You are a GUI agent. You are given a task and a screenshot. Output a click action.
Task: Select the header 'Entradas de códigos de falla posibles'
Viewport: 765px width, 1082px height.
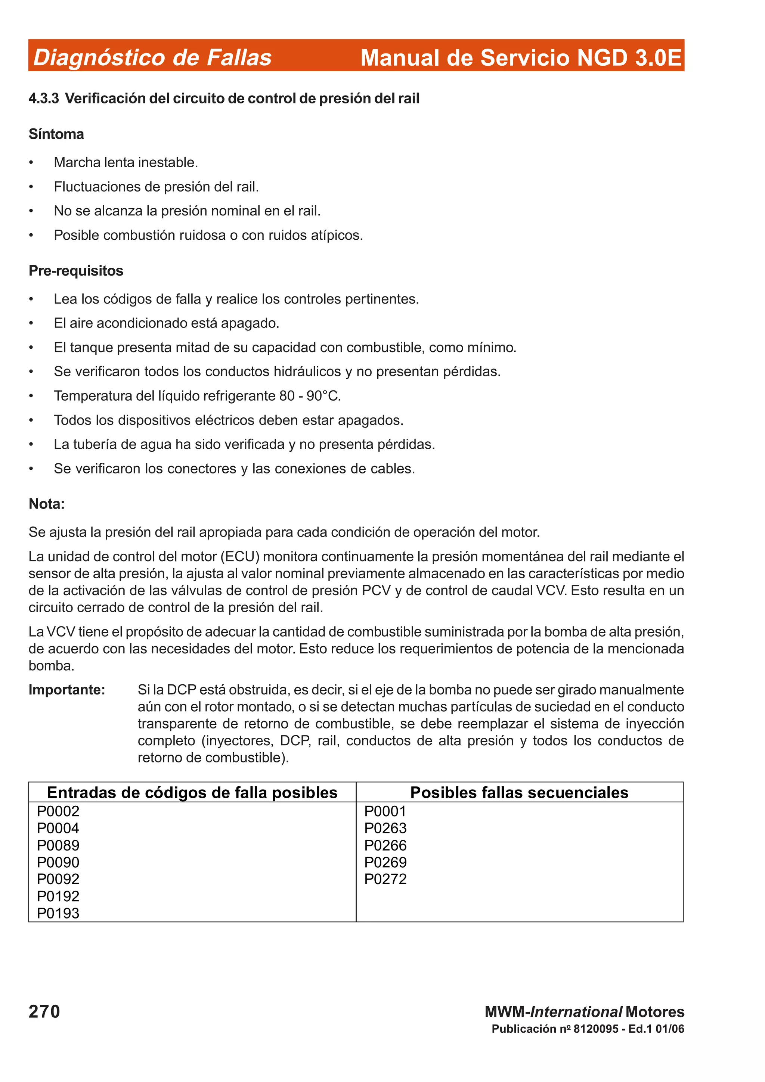coord(192,793)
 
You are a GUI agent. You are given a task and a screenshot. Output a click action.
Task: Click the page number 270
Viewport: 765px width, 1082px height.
coord(44,1011)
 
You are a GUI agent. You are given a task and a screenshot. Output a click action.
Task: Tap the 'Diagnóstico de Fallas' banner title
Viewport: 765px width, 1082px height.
coord(152,57)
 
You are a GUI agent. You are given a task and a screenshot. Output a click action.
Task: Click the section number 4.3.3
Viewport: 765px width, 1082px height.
coord(43,99)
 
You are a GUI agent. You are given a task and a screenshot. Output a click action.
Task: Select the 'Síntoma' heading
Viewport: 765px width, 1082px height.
coord(56,134)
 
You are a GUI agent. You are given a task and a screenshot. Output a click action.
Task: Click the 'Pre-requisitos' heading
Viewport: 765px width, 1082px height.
coord(76,271)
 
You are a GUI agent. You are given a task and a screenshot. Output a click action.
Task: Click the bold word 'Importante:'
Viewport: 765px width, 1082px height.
coord(67,690)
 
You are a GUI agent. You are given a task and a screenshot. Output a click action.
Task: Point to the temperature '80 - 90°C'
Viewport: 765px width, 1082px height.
coord(309,396)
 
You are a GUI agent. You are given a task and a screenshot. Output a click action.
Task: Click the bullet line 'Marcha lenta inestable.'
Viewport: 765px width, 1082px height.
coord(126,162)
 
